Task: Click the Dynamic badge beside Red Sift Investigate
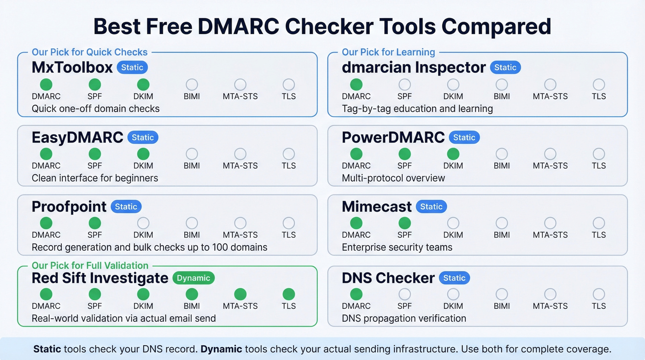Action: click(193, 278)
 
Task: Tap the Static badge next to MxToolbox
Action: click(132, 67)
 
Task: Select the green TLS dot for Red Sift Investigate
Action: click(288, 294)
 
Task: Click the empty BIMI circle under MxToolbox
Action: click(192, 84)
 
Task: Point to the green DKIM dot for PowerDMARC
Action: click(453, 154)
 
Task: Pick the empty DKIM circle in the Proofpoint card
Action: click(143, 223)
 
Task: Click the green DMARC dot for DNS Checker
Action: click(356, 294)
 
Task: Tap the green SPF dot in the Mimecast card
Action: click(405, 223)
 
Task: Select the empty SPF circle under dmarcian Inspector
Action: click(405, 84)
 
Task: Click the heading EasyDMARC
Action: click(77, 137)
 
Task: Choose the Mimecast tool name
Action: click(376, 207)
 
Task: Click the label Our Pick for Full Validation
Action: click(90, 266)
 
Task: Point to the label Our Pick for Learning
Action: click(388, 52)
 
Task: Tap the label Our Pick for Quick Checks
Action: click(90, 52)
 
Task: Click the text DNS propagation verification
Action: click(404, 318)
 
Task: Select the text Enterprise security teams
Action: click(397, 247)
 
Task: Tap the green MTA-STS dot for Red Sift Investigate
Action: click(240, 294)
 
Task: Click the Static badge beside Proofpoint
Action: click(126, 207)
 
